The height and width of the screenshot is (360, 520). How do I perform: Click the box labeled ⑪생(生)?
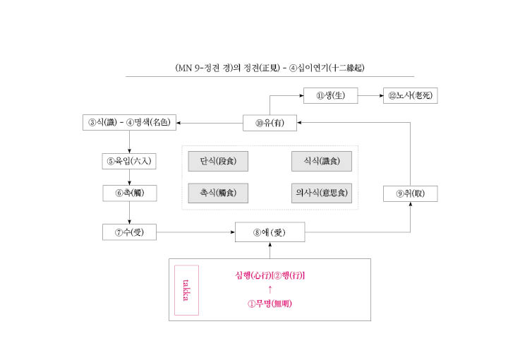pyautogui.click(x=331, y=95)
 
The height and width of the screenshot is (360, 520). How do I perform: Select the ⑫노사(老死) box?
pyautogui.click(x=410, y=95)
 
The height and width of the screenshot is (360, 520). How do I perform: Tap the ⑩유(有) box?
pyautogui.click(x=270, y=123)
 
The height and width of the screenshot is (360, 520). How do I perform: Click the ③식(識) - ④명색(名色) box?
pyautogui.click(x=129, y=122)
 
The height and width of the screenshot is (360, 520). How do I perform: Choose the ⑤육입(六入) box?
pyautogui.click(x=129, y=161)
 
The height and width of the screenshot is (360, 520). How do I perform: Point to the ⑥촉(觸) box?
pyautogui.click(x=130, y=193)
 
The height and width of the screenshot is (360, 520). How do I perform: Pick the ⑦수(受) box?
pyautogui.click(x=129, y=232)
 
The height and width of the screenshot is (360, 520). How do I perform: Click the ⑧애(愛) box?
pyautogui.click(x=270, y=232)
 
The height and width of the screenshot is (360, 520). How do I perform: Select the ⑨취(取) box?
pyautogui.click(x=410, y=194)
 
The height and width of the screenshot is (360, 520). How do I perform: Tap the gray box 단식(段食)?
pyautogui.click(x=218, y=161)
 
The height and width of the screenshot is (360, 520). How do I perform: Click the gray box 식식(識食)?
pyautogui.click(x=322, y=161)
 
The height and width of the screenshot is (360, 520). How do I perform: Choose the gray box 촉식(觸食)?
pyautogui.click(x=218, y=193)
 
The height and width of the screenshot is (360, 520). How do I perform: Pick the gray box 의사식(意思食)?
pyautogui.click(x=322, y=193)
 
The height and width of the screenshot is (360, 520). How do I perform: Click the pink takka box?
pyautogui.click(x=186, y=290)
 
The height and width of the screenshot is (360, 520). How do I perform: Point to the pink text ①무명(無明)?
pyautogui.click(x=270, y=304)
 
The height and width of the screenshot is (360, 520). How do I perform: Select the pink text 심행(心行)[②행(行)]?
pyautogui.click(x=270, y=275)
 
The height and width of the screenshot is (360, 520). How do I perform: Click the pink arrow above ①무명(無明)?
pyautogui.click(x=270, y=289)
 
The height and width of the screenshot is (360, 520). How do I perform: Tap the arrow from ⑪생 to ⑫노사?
pyautogui.click(x=370, y=95)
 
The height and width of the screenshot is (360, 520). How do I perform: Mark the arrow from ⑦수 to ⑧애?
pyautogui.click(x=195, y=232)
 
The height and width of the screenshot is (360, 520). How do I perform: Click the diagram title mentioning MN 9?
pyautogui.click(x=270, y=68)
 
